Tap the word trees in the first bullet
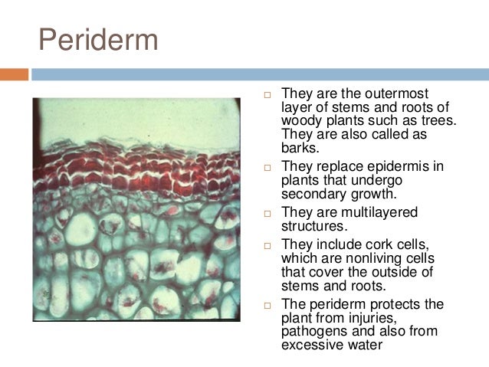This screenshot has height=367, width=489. (x=455, y=121)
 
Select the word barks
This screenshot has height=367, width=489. (x=299, y=149)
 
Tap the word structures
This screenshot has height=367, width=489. (x=313, y=226)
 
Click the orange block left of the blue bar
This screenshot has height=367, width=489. (x=14, y=75)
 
